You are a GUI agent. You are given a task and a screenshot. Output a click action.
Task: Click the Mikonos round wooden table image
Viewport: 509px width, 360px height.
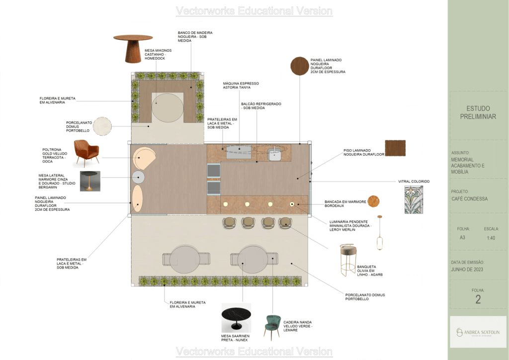coord(133,48)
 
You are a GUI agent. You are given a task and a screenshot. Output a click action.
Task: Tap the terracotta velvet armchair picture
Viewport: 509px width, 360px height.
coord(86,153)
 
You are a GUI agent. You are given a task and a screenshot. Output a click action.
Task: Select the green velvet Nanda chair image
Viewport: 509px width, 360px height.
coord(272,327)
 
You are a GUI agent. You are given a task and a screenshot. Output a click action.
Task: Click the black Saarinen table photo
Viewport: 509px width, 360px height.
coord(236,318)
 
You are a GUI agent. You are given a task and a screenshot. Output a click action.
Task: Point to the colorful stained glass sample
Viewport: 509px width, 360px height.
coord(414,199)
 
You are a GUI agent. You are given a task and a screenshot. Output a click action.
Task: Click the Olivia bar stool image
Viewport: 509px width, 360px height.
coord(348,260)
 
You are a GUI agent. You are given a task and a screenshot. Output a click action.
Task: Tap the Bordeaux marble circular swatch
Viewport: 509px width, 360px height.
coord(373,201)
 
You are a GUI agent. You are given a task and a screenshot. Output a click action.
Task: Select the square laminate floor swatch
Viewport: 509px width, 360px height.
coord(395,148)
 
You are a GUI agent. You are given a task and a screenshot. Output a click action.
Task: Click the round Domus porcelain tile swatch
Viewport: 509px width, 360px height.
coord(102,126)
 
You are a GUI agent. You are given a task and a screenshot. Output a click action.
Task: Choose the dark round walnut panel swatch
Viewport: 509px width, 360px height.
coord(299,66)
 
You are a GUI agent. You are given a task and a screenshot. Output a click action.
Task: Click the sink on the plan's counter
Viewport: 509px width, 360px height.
coord(274,154)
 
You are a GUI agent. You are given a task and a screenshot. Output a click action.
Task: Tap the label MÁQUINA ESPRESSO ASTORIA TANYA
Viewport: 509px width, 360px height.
coord(241,86)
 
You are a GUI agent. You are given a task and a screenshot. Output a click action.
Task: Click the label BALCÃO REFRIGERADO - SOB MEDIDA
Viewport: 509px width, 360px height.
coord(261,106)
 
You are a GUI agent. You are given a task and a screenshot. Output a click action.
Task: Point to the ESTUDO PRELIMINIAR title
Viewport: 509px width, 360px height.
coord(478,112)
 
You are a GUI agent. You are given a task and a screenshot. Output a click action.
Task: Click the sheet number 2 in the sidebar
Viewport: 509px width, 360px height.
coord(478,299)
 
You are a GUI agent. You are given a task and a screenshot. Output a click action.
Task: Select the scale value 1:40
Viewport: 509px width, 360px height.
coord(491,238)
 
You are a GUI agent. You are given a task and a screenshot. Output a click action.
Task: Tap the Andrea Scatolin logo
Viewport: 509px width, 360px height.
coord(478,332)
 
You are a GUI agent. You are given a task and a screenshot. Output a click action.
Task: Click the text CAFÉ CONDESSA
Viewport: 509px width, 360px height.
coord(469,199)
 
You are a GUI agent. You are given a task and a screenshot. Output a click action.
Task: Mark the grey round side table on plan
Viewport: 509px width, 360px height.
coord(138,177)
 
